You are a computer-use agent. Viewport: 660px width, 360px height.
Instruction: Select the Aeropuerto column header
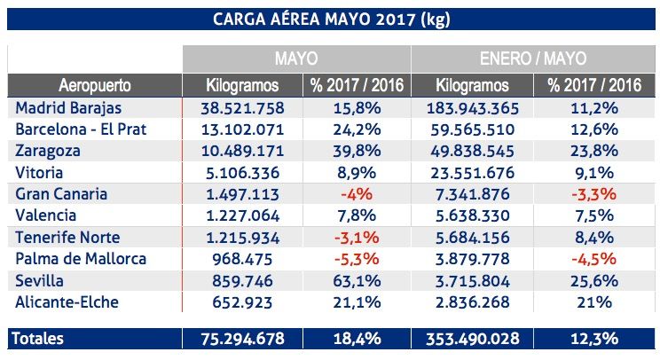point(94,86)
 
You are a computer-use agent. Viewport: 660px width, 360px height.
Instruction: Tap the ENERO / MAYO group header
point(533,59)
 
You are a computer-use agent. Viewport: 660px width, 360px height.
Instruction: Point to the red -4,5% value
point(593,259)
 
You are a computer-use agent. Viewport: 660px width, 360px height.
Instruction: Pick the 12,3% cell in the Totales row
point(593,339)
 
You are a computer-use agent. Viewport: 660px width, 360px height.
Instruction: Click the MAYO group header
point(296,59)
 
